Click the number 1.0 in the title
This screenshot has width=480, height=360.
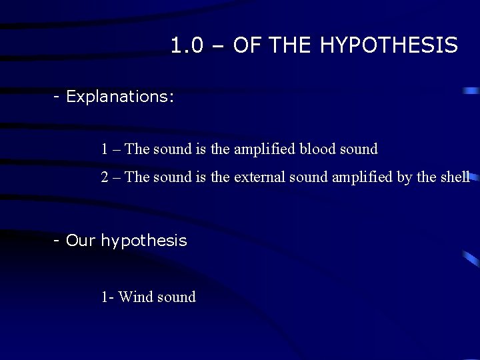click(185, 45)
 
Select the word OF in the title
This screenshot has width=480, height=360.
click(247, 45)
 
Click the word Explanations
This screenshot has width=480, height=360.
click(120, 97)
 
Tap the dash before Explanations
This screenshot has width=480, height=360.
click(58, 97)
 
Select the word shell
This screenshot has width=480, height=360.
click(455, 177)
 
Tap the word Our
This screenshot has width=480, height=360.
click(81, 240)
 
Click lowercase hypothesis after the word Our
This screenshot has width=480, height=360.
click(143, 241)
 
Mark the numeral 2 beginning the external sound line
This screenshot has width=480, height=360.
click(105, 177)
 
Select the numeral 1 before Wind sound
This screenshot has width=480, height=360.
click(105, 297)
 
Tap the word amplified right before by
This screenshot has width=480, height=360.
click(359, 177)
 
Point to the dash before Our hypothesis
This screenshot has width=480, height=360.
click(58, 240)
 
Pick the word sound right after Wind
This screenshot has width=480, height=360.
click(176, 297)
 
